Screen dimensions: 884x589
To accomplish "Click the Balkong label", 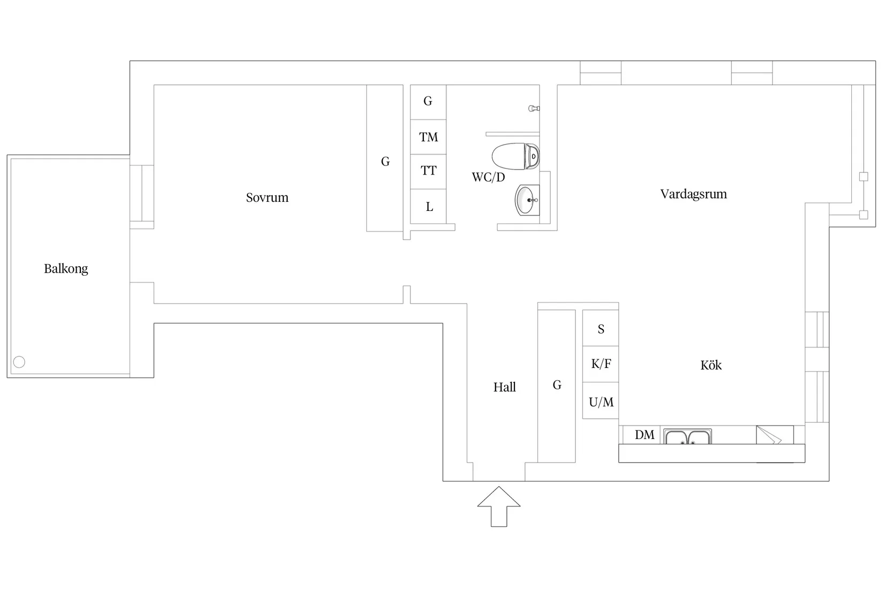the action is tap(66, 269).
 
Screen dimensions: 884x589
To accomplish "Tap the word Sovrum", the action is tap(267, 197).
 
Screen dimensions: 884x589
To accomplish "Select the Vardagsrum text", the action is tap(693, 194).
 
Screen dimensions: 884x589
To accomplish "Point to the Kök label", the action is tap(711, 365).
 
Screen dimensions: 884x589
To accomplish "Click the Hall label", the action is tap(504, 387).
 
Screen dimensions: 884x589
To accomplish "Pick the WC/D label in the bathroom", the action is tap(488, 177).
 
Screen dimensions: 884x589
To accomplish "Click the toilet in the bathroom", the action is tap(515, 156).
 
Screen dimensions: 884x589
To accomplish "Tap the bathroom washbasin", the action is tap(527, 200).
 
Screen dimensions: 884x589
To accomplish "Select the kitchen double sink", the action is tap(687, 436).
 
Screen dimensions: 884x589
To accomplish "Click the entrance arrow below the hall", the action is tap(499, 507).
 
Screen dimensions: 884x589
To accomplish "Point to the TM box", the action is tap(428, 137).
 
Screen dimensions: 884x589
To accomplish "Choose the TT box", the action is tap(428, 171).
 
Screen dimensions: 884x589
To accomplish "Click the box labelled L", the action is tap(428, 206).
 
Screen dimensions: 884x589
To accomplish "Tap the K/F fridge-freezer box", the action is tap(601, 364).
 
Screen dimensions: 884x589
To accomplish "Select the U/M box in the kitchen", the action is tap(601, 401).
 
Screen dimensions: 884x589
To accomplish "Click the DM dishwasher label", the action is tap(645, 435).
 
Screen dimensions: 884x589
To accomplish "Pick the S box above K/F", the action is tap(601, 328).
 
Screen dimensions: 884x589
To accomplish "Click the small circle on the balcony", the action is tap(19, 362).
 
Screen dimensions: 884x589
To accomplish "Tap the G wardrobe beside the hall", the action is tap(557, 386).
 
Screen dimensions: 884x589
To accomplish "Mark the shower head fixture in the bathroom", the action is tap(534, 109).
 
